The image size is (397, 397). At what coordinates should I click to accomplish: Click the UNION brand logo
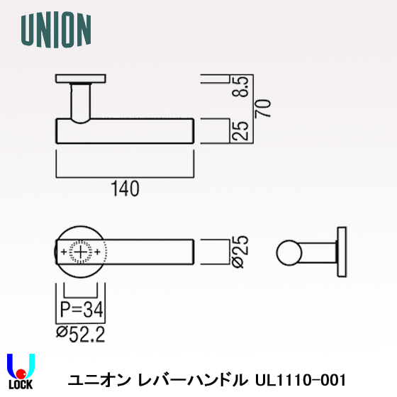56,30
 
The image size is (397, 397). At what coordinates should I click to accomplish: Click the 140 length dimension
125,189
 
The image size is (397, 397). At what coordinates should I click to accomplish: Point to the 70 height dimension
264,108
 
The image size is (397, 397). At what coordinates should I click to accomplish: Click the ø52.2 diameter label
81,333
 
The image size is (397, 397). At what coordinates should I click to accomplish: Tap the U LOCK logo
21,370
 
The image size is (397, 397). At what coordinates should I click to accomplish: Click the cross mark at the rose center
82,252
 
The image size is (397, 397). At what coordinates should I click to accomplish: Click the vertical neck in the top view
82,101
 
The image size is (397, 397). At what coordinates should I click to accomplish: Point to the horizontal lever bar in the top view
125,132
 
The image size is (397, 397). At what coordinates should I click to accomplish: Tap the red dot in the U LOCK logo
21,374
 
